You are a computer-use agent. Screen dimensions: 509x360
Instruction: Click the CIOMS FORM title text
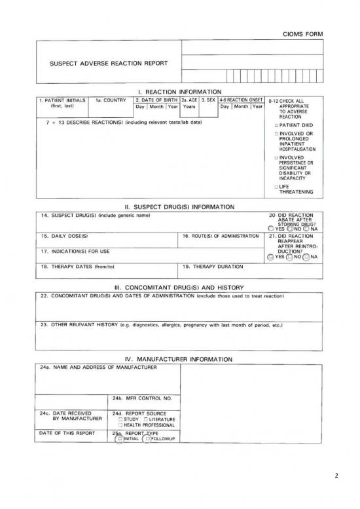tap(302, 33)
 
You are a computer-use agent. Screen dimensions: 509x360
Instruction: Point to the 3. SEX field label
tap(207, 101)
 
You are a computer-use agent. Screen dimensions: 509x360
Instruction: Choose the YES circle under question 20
tap(272, 229)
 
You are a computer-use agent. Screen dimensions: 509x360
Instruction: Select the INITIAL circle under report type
tap(119, 439)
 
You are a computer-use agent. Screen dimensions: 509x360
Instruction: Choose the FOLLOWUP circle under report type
tap(147, 439)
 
